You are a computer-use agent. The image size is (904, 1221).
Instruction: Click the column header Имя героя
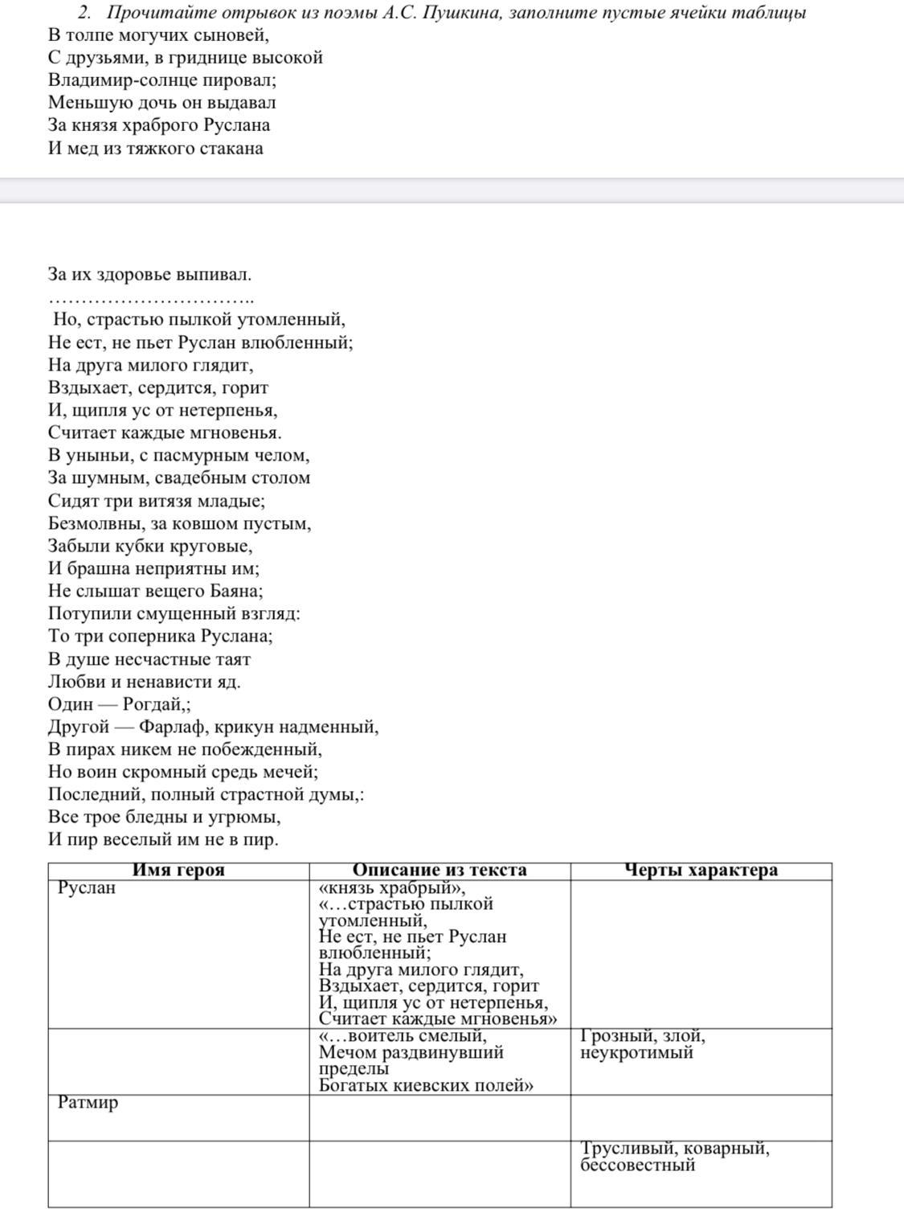tap(178, 871)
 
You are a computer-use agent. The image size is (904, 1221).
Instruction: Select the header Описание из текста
tap(440, 871)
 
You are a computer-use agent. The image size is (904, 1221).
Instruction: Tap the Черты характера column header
tap(701, 871)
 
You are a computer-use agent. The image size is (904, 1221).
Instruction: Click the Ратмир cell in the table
tap(88, 1103)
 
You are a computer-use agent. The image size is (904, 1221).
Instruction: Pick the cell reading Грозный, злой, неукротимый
tap(643, 1044)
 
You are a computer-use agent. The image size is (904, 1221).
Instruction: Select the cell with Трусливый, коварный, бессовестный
tap(675, 1157)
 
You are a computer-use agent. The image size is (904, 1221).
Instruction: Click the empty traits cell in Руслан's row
tap(701, 954)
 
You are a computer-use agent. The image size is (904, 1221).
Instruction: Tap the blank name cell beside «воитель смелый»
tap(178, 1061)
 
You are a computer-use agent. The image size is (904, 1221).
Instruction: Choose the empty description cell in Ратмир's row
tap(440, 1117)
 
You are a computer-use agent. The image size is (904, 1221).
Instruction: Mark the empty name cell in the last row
tap(178, 1174)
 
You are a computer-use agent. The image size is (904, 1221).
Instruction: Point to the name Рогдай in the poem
tap(153, 705)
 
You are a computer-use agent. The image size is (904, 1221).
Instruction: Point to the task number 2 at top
tap(83, 13)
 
